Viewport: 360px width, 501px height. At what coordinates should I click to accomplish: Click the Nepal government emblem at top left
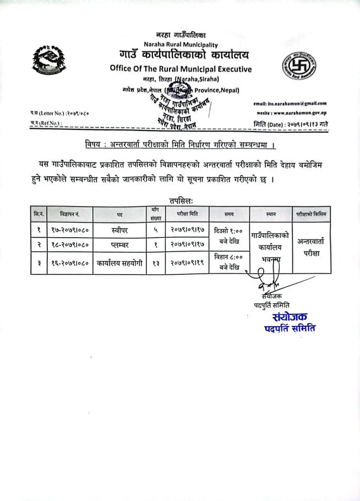coord(48,58)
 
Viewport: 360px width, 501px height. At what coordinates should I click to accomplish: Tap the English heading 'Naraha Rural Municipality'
coord(180,45)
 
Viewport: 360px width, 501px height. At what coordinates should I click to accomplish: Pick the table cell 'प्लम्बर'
coord(119,244)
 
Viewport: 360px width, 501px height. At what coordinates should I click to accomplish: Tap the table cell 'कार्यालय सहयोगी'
coord(119,263)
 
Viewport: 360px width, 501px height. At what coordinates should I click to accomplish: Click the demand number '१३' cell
coord(156,263)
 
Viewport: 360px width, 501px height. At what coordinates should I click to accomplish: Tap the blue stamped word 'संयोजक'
coord(290,317)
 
